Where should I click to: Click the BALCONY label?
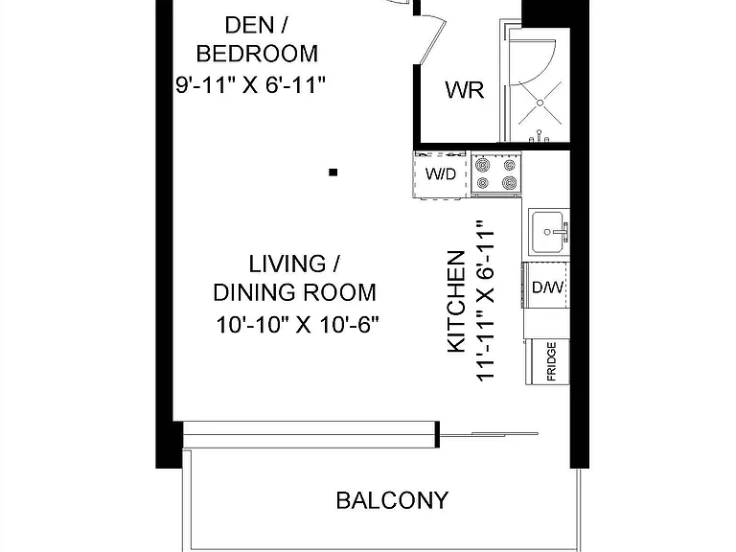(x=392, y=500)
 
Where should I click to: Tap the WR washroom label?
(x=465, y=89)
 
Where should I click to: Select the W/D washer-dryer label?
(x=441, y=174)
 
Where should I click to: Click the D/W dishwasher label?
(x=548, y=287)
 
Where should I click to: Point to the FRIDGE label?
(x=552, y=361)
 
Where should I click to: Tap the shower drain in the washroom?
(x=540, y=103)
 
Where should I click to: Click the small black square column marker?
(x=333, y=172)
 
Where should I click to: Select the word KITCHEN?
(x=456, y=302)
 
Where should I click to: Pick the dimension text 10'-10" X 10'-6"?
(x=298, y=325)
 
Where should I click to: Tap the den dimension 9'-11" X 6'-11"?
(x=250, y=85)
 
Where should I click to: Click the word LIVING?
(x=287, y=264)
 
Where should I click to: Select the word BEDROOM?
(x=257, y=54)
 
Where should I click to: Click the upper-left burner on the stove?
(x=482, y=165)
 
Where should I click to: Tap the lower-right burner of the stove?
(x=509, y=182)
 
